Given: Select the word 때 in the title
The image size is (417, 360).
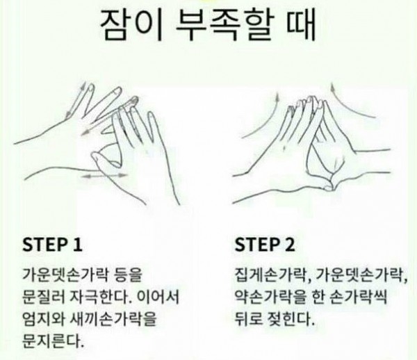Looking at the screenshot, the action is pyautogui.click(x=302, y=25).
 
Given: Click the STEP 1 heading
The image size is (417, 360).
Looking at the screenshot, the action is pyautogui.click(x=52, y=245).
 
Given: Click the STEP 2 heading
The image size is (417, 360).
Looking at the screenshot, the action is pyautogui.click(x=265, y=245).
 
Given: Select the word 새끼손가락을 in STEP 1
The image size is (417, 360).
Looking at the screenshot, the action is pyautogui.click(x=113, y=319).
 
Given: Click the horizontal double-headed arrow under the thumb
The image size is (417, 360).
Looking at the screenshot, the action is pyautogui.click(x=104, y=175).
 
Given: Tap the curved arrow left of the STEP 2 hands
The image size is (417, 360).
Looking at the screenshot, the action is pyautogui.click(x=262, y=117).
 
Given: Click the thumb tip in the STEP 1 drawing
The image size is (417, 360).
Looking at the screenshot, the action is pyautogui.click(x=95, y=158).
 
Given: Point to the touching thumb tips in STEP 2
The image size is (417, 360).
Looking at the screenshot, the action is pyautogui.click(x=329, y=188).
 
